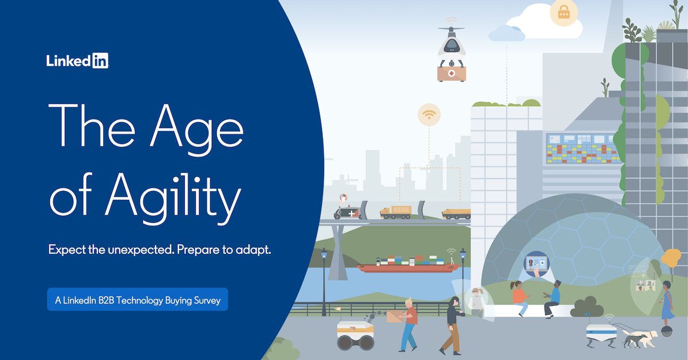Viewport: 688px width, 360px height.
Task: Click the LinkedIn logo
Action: point(77,61)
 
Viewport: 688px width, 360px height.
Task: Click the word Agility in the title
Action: point(173,198)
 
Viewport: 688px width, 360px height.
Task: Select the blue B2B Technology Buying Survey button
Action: point(137,299)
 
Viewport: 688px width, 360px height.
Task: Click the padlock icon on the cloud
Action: point(564,13)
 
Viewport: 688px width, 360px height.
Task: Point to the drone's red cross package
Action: point(452,73)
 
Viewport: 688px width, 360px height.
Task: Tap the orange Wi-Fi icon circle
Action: point(429,115)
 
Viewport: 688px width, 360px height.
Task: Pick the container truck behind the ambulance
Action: point(396,212)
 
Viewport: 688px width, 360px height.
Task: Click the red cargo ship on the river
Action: point(408,265)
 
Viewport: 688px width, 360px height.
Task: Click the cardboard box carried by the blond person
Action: point(395,316)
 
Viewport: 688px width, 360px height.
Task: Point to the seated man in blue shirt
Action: point(553,299)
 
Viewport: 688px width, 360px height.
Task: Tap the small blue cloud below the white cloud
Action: point(507,33)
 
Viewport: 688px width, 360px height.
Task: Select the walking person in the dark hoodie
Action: point(452,326)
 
